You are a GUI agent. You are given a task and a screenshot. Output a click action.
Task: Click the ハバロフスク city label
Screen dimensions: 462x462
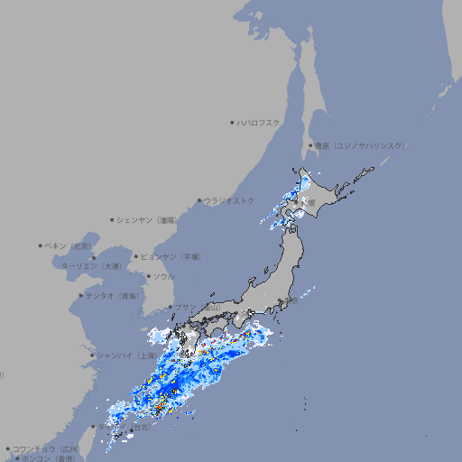pos(259,122)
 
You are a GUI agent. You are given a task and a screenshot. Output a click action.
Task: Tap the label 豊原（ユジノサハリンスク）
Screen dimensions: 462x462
pos(359,145)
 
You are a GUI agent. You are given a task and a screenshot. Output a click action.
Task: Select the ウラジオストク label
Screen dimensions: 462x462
pos(229,200)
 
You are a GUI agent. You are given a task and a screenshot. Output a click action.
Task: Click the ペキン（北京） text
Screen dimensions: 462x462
pos(69,245)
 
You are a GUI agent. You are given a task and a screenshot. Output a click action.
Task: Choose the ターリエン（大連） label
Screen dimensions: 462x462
pos(91,266)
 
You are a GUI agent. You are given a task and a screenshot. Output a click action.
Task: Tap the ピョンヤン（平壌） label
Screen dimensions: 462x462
pos(171,256)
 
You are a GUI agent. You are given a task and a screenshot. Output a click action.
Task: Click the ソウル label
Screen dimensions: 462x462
pos(163,276)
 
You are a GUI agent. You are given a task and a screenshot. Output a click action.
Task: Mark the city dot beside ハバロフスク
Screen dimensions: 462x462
pos(232,122)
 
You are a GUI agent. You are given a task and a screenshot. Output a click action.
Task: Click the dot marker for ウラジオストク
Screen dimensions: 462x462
pos(199,200)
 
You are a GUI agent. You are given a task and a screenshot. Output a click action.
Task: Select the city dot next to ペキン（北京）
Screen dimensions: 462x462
pos(41,245)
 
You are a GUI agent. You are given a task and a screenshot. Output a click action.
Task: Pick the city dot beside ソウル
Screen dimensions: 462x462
pos(147,276)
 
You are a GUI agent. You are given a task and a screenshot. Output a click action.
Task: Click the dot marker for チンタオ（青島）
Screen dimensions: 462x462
pos(80,295)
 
